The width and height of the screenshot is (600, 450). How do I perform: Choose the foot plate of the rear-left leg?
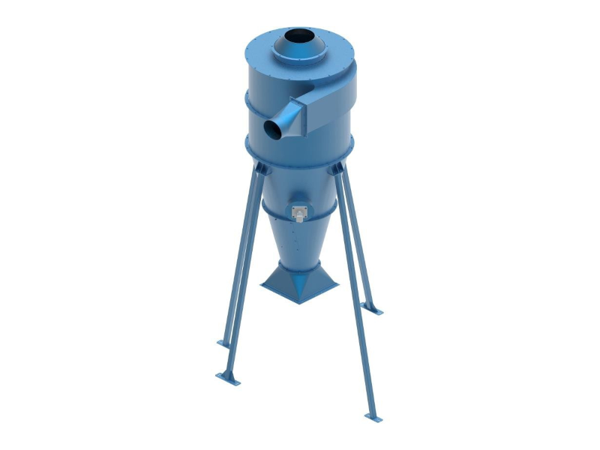pos(223,343)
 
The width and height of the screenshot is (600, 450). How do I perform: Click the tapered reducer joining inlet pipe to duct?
pos(289,118)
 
